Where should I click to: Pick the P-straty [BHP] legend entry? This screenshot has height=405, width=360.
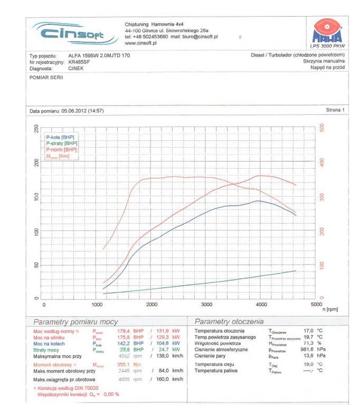pyautogui.click(x=62, y=143)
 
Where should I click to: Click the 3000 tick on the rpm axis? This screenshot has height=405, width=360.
pyautogui.click(x=206, y=304)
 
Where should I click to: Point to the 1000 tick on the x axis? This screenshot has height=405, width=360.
pyautogui.click(x=98, y=304)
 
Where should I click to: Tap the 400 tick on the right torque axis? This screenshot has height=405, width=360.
pyautogui.click(x=323, y=162)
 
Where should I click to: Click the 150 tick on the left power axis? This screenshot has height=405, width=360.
pyautogui.click(x=36, y=197)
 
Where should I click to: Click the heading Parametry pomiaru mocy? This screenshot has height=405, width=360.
pyautogui.click(x=75, y=321)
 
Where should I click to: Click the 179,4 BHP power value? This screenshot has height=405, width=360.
pyautogui.click(x=124, y=331)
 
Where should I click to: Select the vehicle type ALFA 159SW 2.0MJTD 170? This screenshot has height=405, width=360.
pyautogui.click(x=99, y=55)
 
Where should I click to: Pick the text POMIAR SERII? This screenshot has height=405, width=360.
pyautogui.click(x=46, y=77)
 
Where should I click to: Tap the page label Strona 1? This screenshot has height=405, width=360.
pyautogui.click(x=335, y=110)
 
